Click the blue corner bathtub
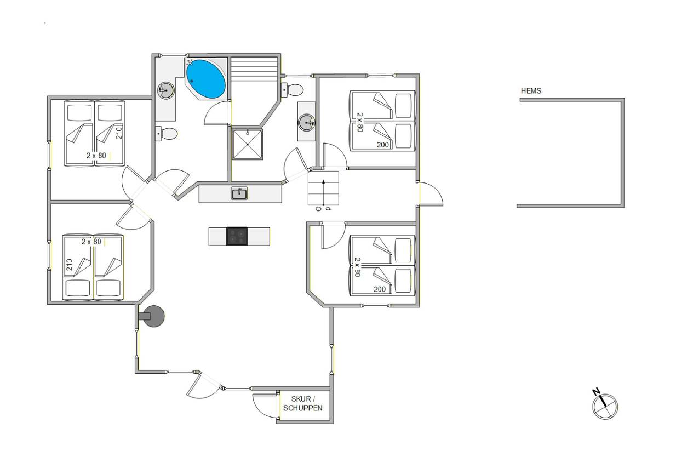coord(206,79)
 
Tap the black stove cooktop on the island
coord(237,236)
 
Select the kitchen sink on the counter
coord(239,193)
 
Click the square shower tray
coord(248,144)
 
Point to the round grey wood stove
coord(153,316)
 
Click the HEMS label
coord(531,91)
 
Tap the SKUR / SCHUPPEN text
coord(303,403)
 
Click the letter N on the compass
coord(595,392)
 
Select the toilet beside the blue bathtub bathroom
coord(167,133)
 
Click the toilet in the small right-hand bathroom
coord(293,90)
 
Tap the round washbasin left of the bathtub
coord(165,90)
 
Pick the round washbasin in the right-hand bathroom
coord(307,123)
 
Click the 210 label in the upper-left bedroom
coord(119,133)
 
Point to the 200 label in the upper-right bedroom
coord(383,145)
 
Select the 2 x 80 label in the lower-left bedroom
coord(91,242)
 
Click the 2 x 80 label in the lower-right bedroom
coord(357,267)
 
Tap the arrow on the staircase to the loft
coord(324,192)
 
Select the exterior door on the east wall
coord(431,194)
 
